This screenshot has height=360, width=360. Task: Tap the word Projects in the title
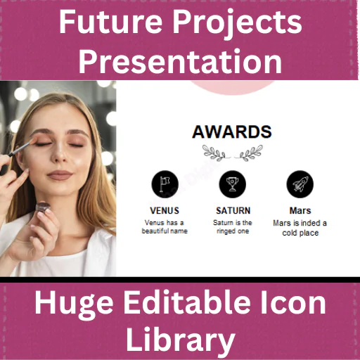(x=238, y=25)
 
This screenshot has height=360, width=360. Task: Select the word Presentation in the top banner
(x=180, y=62)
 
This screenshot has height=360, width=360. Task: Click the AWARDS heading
(x=232, y=131)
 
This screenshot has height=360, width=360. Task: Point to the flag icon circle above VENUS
(x=165, y=184)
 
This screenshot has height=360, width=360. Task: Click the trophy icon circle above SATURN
(x=232, y=184)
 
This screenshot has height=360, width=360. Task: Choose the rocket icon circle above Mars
(x=300, y=184)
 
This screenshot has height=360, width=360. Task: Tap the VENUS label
(x=165, y=210)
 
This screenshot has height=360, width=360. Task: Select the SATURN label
(x=233, y=210)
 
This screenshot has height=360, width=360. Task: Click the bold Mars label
(x=300, y=210)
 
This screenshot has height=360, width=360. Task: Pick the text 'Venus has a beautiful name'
(x=165, y=226)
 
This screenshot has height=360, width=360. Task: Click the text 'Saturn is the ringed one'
(x=233, y=226)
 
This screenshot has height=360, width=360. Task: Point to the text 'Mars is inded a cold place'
(x=300, y=228)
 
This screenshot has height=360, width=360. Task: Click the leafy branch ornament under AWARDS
(x=232, y=153)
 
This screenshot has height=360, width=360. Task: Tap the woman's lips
(x=60, y=175)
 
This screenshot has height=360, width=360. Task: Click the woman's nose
(x=60, y=155)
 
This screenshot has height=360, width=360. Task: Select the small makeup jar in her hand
(x=43, y=207)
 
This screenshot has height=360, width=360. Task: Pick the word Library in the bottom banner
(x=180, y=341)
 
